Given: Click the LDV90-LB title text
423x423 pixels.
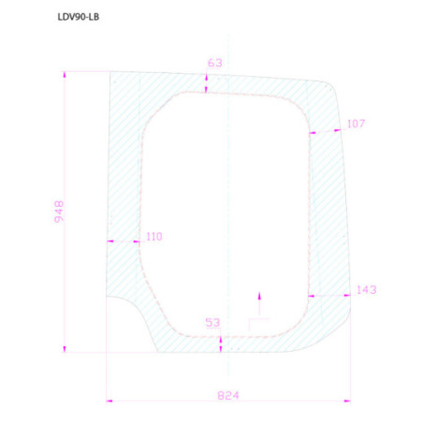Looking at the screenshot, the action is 79,17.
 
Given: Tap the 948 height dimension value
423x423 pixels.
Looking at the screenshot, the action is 59,211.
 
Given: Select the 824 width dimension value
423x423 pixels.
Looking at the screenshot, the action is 228,396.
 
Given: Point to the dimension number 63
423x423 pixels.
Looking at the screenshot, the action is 215,63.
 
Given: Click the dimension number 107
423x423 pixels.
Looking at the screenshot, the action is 356,124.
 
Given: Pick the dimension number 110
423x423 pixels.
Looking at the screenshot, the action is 154,237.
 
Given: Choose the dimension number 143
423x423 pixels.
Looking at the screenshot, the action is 367,290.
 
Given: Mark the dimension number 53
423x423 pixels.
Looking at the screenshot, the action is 212,322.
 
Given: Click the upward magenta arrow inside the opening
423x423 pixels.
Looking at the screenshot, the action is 259,303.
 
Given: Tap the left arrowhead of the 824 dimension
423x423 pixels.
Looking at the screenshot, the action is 109,401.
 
